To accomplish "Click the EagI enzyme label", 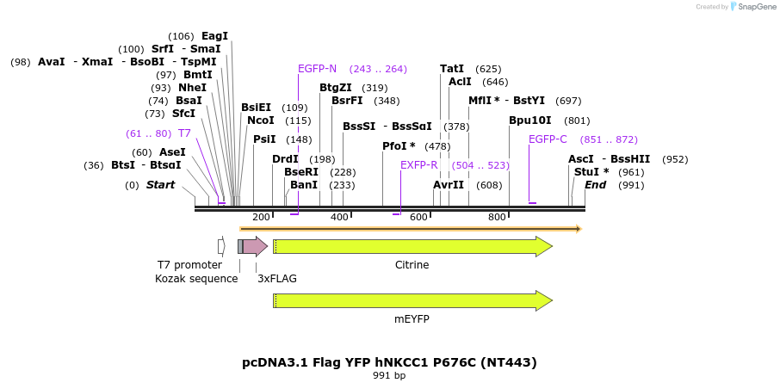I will point(214,36).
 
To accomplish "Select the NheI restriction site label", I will point(192,88).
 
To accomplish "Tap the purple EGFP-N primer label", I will point(317,69).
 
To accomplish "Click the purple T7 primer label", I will point(184,133).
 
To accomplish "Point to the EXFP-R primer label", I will point(418,165).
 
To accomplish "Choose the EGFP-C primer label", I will point(548,139).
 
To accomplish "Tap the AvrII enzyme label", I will point(449,185).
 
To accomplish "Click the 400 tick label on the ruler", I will point(340,217).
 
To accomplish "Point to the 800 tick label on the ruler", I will point(497,217).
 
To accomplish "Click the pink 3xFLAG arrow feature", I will point(254,247).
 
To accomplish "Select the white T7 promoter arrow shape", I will point(221,247).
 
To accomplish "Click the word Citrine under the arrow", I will point(412,265).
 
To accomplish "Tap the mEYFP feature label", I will point(412,318).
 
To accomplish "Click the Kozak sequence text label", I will point(196,279).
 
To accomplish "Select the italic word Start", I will point(160,185).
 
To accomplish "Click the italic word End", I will point(595,185).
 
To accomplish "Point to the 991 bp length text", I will point(389,376).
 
